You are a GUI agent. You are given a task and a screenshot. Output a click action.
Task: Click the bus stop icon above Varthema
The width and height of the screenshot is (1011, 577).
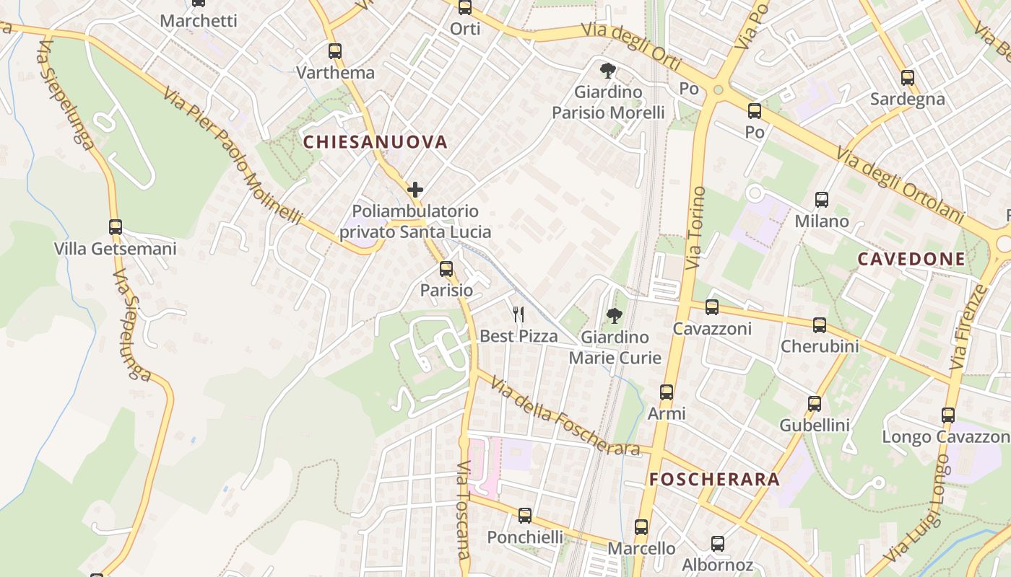[334, 51]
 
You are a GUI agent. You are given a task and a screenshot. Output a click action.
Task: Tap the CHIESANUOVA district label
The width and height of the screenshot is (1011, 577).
[376, 141]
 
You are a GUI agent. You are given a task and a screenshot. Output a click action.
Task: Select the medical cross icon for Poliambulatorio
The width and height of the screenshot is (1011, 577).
[415, 190]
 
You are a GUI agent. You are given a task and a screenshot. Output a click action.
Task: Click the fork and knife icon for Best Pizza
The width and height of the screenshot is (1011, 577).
[518, 314]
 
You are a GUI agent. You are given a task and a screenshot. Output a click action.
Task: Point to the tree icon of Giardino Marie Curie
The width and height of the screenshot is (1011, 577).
[614, 315]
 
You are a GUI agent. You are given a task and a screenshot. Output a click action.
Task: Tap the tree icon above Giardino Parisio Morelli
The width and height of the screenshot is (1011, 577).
[608, 71]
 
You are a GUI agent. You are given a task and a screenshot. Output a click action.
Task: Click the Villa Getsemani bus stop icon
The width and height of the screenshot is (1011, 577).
[116, 227]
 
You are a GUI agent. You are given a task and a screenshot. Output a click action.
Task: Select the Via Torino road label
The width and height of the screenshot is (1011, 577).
[695, 228]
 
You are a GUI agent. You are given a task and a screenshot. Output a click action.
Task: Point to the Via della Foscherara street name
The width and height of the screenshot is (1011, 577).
[565, 415]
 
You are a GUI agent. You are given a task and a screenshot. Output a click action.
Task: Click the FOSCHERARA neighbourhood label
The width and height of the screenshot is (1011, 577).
[714, 480]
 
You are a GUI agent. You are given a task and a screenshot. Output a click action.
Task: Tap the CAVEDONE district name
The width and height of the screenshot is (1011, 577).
[911, 259]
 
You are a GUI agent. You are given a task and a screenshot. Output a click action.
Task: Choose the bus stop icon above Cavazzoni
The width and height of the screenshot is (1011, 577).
[712, 307]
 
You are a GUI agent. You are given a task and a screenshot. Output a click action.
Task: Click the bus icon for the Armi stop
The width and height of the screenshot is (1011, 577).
[667, 392]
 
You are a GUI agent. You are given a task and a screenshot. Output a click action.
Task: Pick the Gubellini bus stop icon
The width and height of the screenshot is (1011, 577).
[815, 404]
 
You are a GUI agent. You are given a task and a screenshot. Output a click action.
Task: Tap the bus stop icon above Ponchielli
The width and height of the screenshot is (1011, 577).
[525, 516]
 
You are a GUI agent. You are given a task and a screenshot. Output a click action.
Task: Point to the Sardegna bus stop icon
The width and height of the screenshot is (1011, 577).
[908, 78]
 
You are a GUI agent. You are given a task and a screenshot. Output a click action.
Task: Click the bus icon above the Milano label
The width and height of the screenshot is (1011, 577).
[822, 200]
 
